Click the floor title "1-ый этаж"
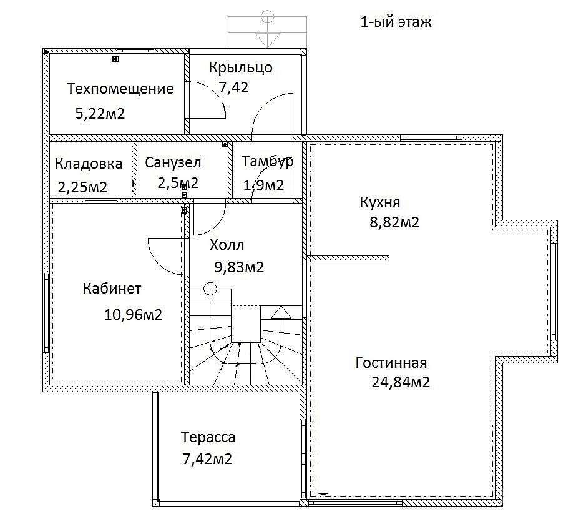click(396, 22)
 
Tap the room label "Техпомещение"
click(120, 89)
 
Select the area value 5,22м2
click(100, 114)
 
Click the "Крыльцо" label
click(240, 68)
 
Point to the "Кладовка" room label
click(89, 164)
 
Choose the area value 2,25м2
click(82, 187)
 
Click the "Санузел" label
click(173, 162)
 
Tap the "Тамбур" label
click(267, 162)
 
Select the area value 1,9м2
click(263, 186)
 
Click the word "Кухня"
click(380, 202)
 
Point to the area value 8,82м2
click(394, 222)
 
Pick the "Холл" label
click(227, 245)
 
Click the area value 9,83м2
click(239, 267)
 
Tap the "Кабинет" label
click(112, 289)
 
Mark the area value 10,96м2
click(133, 315)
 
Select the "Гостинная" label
click(391, 363)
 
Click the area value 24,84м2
click(401, 382)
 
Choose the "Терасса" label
click(208, 437)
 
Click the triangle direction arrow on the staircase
click(281, 313)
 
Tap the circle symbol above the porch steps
click(268, 16)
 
